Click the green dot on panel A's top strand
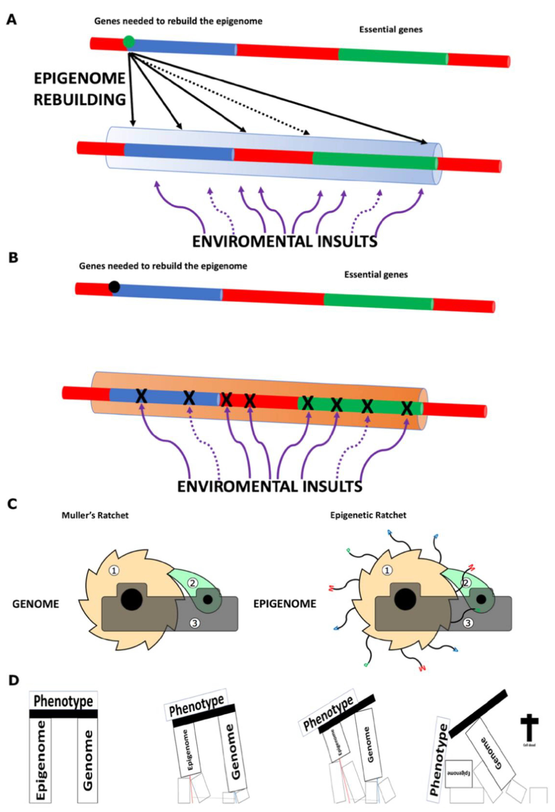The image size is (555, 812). [129, 42]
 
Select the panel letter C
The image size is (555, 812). [12, 505]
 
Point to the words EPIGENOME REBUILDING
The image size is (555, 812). [80, 89]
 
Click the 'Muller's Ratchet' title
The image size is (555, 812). [95, 515]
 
